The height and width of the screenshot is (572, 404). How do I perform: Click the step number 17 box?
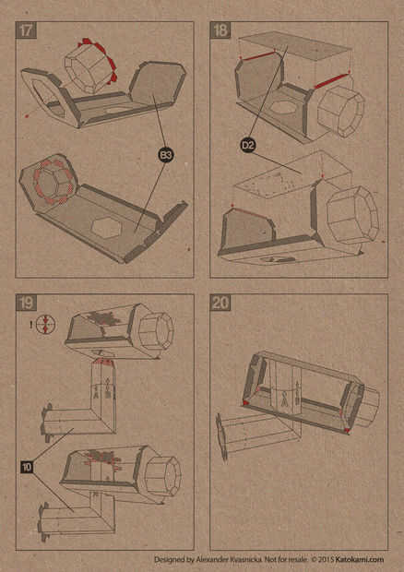26,30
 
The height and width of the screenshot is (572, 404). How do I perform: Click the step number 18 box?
220,30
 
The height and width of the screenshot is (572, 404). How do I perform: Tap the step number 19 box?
26,303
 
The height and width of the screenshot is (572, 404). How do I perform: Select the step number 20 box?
220,303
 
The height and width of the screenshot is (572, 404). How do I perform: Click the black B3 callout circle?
166,155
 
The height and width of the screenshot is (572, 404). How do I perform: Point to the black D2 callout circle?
248,146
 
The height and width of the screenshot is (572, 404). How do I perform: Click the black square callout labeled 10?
27,467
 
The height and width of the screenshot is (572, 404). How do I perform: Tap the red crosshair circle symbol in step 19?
46,325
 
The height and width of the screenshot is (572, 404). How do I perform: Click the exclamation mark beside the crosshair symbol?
31,325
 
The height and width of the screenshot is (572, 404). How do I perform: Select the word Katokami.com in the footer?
360,559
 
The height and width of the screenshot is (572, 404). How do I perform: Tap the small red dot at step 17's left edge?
27,116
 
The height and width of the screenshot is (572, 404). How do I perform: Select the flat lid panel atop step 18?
294,47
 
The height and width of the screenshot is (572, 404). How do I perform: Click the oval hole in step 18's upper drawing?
281,108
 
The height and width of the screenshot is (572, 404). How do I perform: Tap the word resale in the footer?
298,559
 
